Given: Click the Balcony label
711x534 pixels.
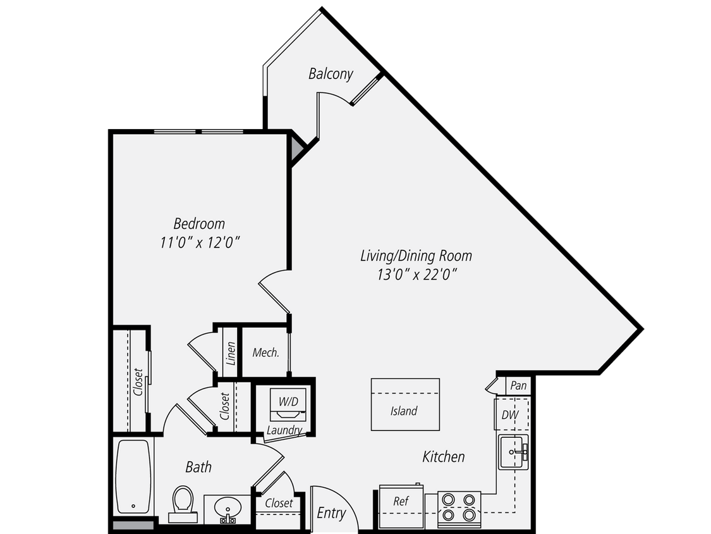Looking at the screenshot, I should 331,74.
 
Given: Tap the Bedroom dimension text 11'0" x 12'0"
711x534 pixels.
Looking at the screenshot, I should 199,242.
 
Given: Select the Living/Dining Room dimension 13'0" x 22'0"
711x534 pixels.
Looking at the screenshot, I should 416,274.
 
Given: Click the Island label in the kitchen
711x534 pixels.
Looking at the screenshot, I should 404,411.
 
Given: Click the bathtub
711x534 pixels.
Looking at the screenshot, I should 133,474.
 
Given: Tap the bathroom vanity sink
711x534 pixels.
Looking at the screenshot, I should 226,508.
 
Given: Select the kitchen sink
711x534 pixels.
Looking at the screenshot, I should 513,452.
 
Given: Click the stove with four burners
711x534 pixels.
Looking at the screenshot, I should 459,507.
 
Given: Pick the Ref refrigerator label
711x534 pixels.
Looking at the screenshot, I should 401,501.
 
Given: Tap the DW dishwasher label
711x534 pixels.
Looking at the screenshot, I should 509,416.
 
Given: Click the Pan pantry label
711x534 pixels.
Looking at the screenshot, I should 518,385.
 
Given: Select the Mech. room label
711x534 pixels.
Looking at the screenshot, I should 265,352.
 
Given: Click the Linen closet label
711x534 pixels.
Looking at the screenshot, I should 231,354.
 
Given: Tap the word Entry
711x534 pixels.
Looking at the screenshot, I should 331,512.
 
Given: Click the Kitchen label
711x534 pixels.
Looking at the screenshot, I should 444,456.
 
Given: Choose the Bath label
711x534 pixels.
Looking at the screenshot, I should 198,468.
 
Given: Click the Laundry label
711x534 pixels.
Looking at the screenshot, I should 284,431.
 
